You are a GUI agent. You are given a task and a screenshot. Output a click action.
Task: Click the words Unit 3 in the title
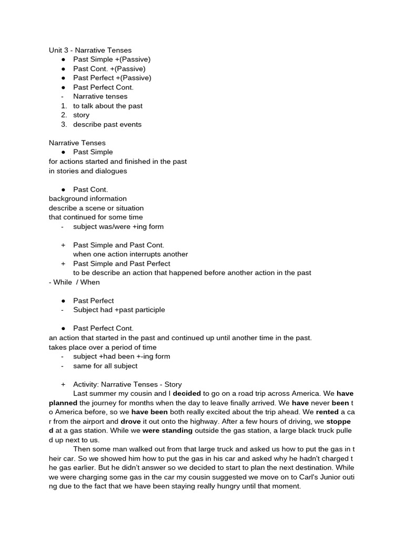(x=59, y=50)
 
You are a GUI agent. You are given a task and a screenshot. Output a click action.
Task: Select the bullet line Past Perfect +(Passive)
(x=112, y=78)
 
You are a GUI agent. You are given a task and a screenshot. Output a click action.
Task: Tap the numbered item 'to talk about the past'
(x=108, y=106)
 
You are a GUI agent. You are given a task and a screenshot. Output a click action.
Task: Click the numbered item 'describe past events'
(x=107, y=124)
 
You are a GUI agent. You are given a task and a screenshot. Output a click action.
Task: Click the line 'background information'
(x=88, y=198)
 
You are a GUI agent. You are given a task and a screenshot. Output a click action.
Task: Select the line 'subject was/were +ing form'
(x=118, y=226)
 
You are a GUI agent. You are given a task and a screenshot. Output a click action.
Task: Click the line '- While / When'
(x=74, y=282)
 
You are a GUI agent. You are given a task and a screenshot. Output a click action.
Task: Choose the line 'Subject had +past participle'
(x=119, y=310)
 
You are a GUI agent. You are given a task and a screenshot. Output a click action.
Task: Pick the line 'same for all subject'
(x=105, y=366)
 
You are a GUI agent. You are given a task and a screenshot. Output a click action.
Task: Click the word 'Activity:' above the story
(x=86, y=384)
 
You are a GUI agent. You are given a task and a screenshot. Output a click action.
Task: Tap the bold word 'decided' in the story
(x=187, y=394)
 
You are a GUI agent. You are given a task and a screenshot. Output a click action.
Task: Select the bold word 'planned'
(x=63, y=403)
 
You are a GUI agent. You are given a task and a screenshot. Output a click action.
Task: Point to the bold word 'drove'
(x=130, y=422)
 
